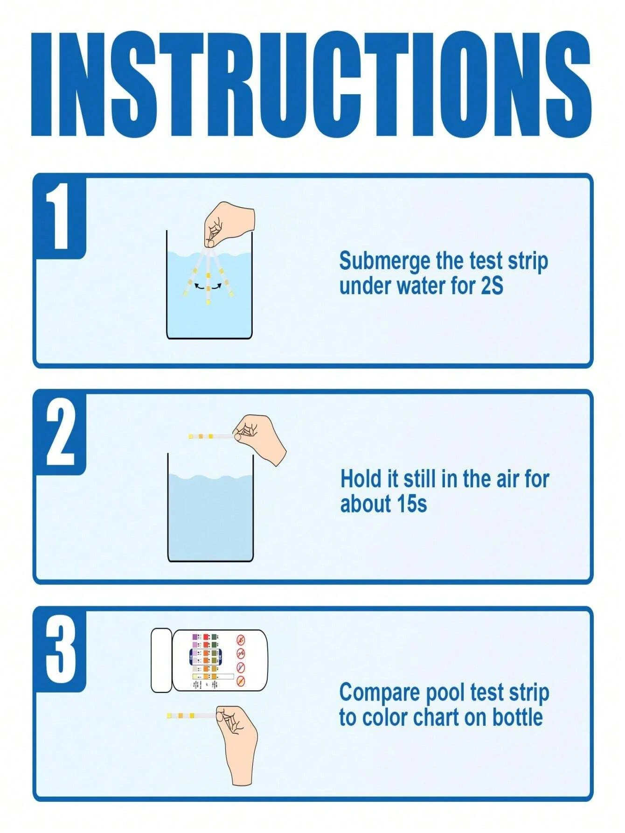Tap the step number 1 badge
[60, 216]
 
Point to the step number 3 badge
[60, 649]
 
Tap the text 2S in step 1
[492, 286]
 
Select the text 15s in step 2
[412, 504]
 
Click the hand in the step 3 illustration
[238, 742]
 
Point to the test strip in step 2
[210, 436]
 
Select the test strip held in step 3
[191, 715]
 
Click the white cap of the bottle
[161, 660]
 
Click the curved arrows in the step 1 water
[208, 286]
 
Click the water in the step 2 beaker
[210, 518]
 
